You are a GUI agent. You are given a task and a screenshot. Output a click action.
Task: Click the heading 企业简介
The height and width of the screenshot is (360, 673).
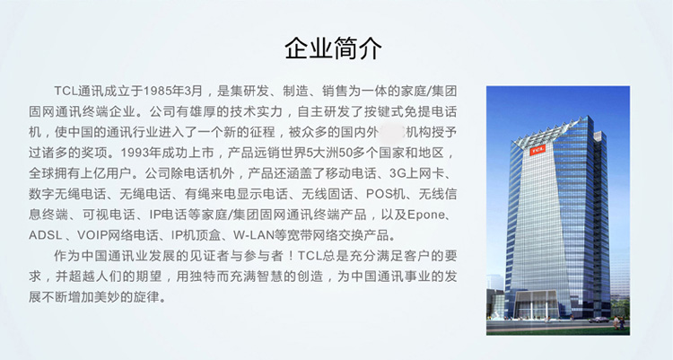click(x=333, y=48)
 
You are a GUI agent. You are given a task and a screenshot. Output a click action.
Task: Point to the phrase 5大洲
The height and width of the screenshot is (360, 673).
click(x=322, y=153)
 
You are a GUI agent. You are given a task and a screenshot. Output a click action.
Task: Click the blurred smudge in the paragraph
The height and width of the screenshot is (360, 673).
click(x=392, y=132)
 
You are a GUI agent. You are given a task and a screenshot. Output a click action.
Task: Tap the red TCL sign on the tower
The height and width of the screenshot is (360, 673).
click(x=538, y=150)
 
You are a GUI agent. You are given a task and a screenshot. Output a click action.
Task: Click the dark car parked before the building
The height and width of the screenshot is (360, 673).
click(x=599, y=320)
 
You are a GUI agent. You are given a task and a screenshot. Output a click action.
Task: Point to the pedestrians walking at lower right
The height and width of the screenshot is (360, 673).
click(x=619, y=322)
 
